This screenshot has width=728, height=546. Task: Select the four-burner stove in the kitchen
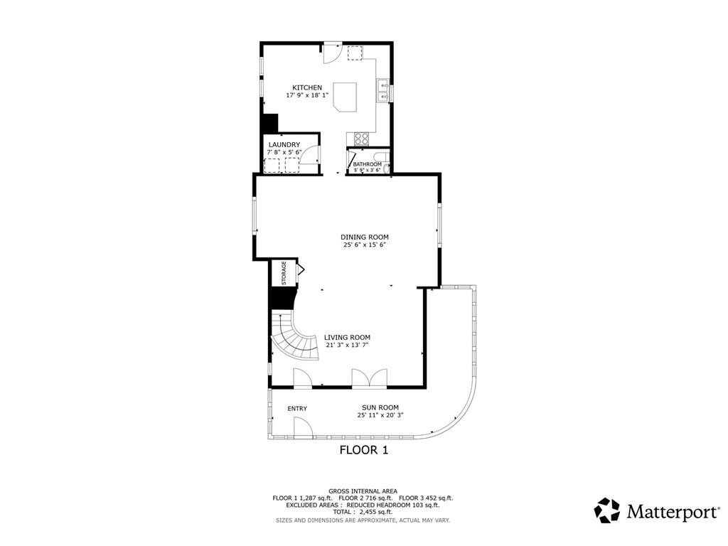pyautogui.click(x=361, y=138)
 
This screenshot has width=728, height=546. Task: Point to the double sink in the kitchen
pyautogui.click(x=382, y=90)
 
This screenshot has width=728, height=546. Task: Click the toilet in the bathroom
pyautogui.click(x=382, y=159)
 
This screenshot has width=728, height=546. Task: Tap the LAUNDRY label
pyautogui.click(x=284, y=144)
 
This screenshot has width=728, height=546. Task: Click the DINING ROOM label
pyautogui.click(x=364, y=237)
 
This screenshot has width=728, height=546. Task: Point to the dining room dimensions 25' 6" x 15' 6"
pyautogui.click(x=364, y=245)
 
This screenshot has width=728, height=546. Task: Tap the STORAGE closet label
pyautogui.click(x=284, y=274)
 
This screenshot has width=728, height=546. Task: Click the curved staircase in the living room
pyautogui.click(x=294, y=341)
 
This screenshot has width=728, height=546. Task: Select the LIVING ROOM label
pyautogui.click(x=347, y=338)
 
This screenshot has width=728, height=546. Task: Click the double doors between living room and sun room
pyautogui.click(x=369, y=378)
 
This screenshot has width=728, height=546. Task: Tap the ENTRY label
pyautogui.click(x=297, y=408)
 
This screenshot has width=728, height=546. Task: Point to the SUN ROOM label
pyautogui.click(x=375, y=407)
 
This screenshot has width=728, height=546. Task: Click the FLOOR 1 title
pyautogui.click(x=363, y=449)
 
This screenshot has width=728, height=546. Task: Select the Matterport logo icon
pyautogui.click(x=607, y=510)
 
